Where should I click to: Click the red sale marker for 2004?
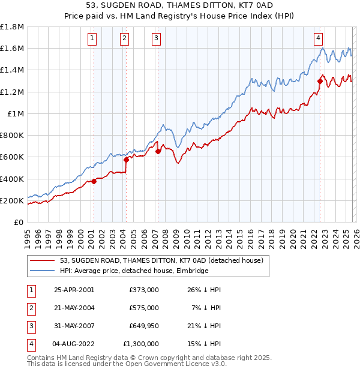click(126, 160)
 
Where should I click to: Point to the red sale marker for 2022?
click(320, 81)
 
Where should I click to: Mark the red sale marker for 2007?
click(158, 152)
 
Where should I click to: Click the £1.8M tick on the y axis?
click(12, 27)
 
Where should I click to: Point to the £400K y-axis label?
click(12, 179)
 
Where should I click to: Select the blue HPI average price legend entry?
click(134, 271)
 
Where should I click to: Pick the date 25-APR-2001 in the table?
click(74, 290)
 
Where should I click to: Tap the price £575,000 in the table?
click(143, 308)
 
